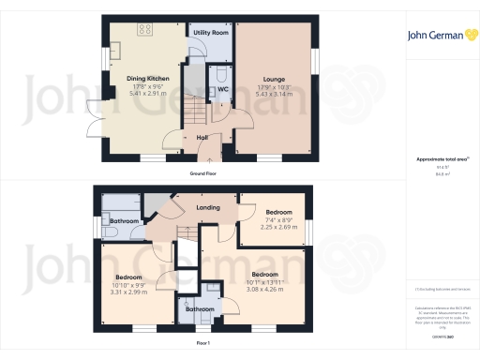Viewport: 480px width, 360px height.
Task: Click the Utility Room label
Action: click(x=211, y=33)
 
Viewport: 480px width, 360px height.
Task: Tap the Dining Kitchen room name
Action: click(x=139, y=80)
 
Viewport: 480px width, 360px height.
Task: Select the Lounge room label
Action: click(x=275, y=80)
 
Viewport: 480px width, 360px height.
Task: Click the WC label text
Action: click(x=224, y=90)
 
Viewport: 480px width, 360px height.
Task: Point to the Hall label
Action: click(x=202, y=138)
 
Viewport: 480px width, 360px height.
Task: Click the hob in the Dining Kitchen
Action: click(x=146, y=29)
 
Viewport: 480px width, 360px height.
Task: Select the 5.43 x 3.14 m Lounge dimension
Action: click(x=275, y=94)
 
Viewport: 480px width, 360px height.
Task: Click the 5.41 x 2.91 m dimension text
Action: click(x=139, y=95)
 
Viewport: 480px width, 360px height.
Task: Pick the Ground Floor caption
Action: click(x=203, y=174)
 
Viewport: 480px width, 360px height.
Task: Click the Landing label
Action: click(x=208, y=207)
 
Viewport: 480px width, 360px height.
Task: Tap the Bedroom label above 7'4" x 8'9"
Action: click(x=278, y=212)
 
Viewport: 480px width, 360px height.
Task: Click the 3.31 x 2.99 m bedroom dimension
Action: click(x=128, y=292)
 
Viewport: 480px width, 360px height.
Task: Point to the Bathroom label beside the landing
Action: click(x=125, y=221)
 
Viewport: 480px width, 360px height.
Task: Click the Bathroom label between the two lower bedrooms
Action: click(x=198, y=308)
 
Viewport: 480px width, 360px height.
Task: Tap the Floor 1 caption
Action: click(x=203, y=344)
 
